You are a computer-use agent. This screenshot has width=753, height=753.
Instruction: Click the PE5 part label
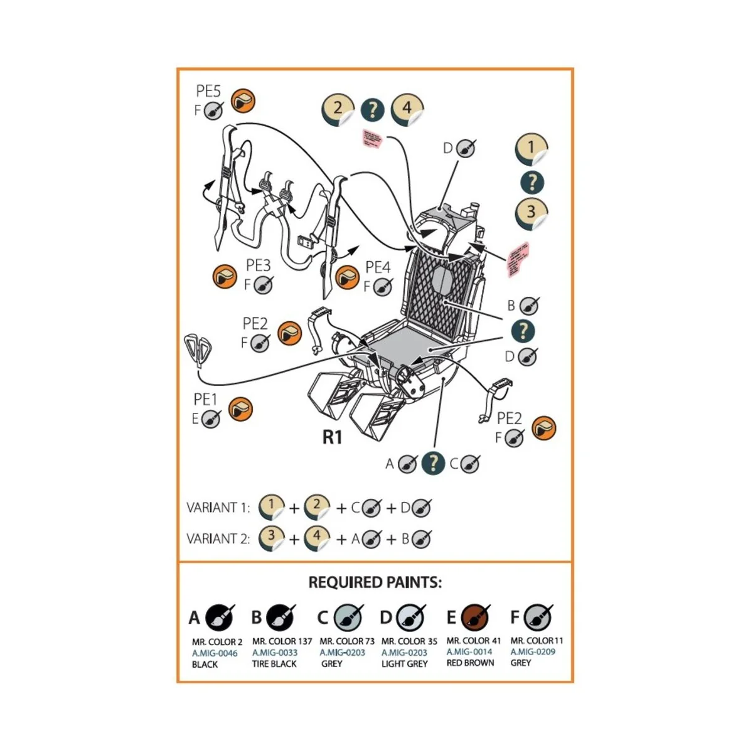(208, 92)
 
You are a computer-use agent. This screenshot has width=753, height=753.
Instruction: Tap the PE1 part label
(205, 399)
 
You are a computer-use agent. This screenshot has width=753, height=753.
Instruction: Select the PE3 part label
(258, 266)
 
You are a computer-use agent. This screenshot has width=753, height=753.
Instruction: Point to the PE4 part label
(378, 268)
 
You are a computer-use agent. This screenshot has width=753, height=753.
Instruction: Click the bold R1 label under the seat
(332, 437)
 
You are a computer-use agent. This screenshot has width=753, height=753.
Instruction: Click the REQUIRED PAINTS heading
(375, 582)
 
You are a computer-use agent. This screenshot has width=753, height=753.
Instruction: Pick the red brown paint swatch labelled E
(474, 617)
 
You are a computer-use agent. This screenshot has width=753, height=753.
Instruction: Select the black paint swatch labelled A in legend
(219, 618)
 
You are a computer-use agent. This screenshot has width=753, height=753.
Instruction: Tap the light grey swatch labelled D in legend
(410, 618)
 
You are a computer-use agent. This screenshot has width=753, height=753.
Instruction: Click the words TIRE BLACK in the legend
(274, 664)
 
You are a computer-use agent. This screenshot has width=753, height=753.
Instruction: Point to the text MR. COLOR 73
(347, 641)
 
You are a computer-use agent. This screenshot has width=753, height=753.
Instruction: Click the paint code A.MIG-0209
(533, 652)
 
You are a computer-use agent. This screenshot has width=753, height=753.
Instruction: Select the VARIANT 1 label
(218, 508)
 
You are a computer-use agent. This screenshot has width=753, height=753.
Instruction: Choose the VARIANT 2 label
(218, 538)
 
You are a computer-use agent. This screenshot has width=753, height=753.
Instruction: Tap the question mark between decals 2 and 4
(373, 110)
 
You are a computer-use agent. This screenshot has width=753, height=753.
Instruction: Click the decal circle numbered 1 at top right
(531, 149)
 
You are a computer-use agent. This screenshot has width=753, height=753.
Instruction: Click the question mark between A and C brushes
(433, 464)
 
